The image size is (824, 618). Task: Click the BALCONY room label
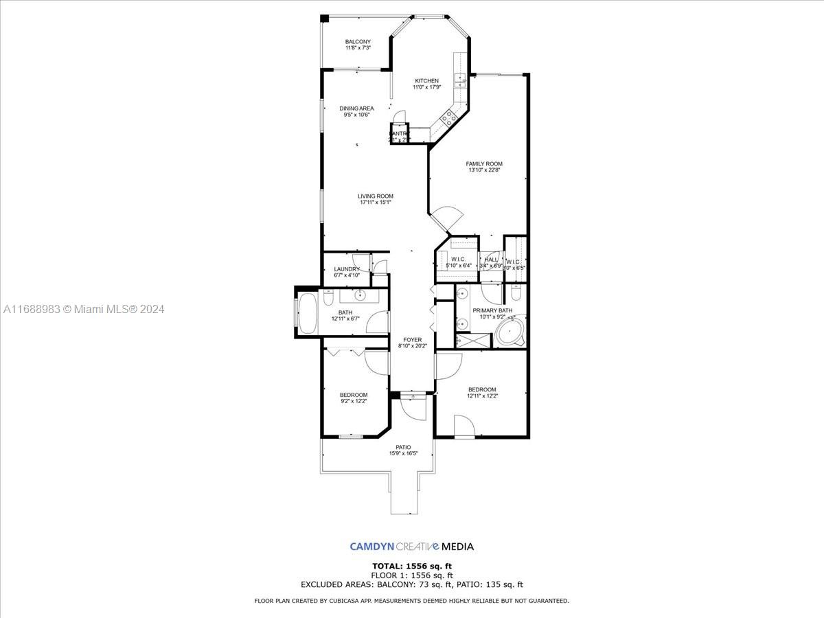pyautogui.click(x=358, y=42)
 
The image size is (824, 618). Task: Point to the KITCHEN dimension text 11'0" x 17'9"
pyautogui.click(x=426, y=87)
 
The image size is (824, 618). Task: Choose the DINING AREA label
pyautogui.click(x=357, y=108)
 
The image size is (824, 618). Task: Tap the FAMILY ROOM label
pyautogui.click(x=484, y=164)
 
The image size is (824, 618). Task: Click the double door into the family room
pyautogui.click(x=445, y=219)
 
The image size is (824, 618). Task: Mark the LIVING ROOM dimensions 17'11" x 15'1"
pyautogui.click(x=376, y=203)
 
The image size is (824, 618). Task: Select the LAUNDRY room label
pyautogui.click(x=347, y=269)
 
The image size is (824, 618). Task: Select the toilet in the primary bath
pyautogui.click(x=516, y=294)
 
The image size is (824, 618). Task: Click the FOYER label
pyautogui.click(x=412, y=340)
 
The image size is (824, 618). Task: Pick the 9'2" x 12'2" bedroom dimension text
pyautogui.click(x=354, y=401)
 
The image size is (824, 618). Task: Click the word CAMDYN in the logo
pyautogui.click(x=371, y=547)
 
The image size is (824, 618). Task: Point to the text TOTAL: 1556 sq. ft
pyautogui.click(x=412, y=566)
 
